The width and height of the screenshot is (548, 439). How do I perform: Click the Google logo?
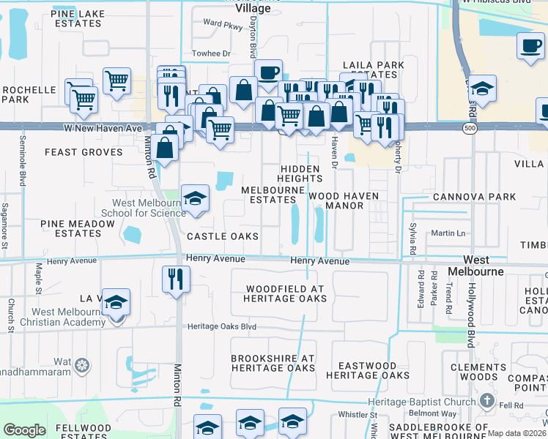click(24, 430)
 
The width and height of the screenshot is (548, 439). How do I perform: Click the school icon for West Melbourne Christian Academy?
click(116, 303)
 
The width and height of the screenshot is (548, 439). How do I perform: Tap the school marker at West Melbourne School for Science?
click(195, 199)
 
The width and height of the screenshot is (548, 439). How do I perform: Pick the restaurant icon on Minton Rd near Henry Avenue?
click(176, 279)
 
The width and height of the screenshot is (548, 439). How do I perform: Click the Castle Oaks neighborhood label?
click(223, 236)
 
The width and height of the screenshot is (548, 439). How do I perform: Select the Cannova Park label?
click(474, 197)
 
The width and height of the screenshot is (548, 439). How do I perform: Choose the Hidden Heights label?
click(300, 173)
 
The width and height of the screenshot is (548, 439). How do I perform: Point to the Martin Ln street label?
click(448, 233)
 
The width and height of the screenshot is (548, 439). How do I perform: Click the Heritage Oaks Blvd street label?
click(222, 327)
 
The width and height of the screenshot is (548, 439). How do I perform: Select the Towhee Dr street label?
click(211, 53)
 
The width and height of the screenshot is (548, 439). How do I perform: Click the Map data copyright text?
click(516, 433)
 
